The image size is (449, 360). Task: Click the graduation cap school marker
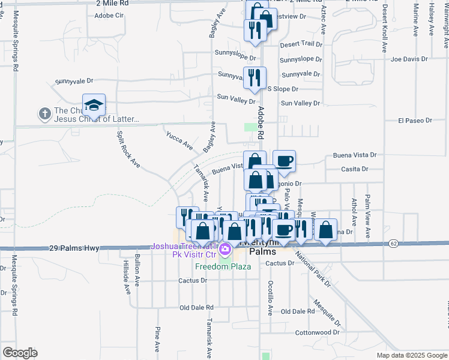coord(94,106)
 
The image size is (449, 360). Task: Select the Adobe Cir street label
coord(109,16)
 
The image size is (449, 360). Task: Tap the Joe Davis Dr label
coord(409,59)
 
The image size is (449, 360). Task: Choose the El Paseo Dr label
coord(412,121)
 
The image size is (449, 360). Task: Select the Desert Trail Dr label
coord(301,44)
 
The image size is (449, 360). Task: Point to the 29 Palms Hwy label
coord(74,247)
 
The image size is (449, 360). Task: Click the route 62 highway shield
coord(393,243)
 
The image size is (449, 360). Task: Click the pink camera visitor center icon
coord(225,249)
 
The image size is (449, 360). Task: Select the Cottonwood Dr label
coord(318,332)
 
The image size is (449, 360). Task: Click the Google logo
coord(20,353)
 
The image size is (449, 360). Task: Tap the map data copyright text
coord(411,355)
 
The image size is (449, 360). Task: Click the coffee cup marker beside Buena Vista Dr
coord(284,161)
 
